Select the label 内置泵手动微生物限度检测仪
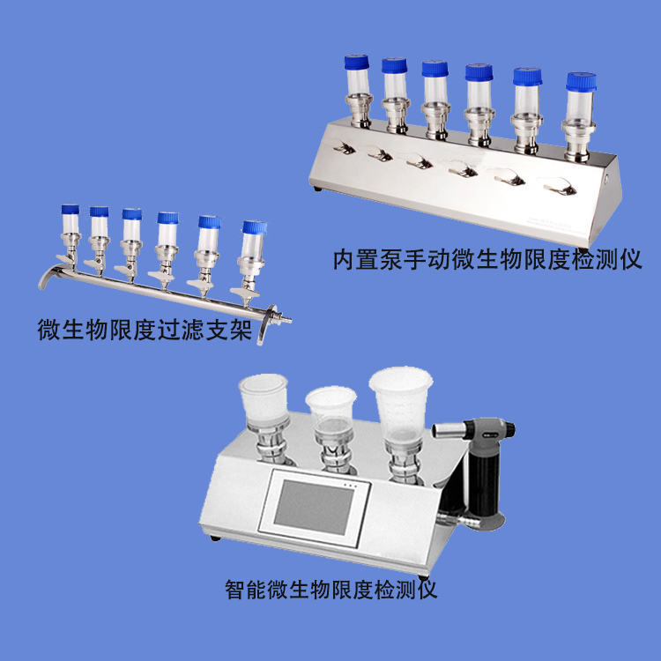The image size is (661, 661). point(486,260)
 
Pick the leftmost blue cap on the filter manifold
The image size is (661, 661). point(71,210)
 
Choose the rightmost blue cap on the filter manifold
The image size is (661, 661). point(254,227)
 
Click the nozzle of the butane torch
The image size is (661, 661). point(441,430)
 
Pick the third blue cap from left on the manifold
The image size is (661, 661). point(131,214)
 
